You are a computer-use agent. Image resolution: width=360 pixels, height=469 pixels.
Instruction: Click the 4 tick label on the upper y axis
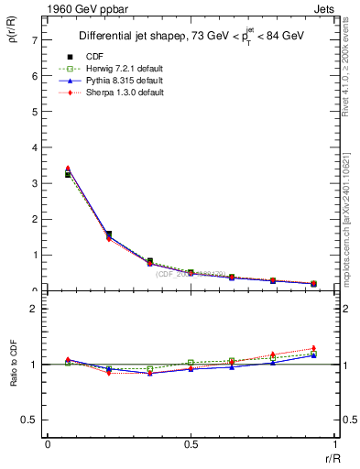34,147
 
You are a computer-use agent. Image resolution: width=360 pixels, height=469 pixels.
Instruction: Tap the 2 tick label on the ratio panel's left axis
34,309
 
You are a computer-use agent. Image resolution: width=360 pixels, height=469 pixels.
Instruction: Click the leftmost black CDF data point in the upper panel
68,174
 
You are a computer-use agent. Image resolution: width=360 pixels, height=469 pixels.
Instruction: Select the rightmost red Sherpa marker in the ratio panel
313,348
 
